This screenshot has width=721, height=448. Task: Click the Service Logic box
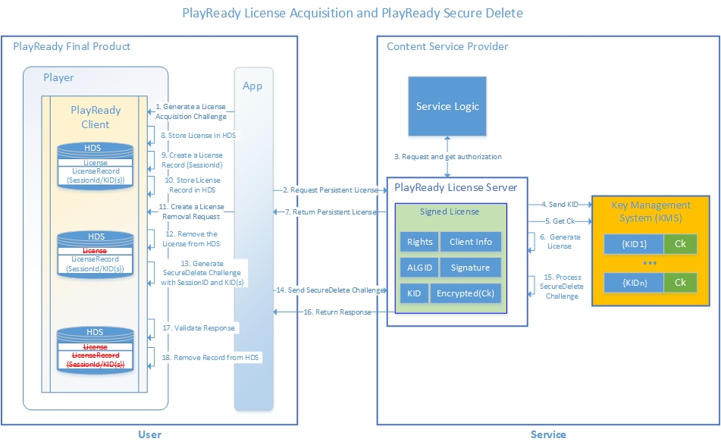tap(447, 106)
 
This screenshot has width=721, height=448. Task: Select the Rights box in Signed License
tap(419, 242)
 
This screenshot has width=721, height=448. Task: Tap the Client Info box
tap(470, 242)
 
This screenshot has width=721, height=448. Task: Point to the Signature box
tap(470, 268)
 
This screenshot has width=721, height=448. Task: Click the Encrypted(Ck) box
tap(465, 293)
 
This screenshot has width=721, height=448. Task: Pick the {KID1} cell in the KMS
tap(633, 243)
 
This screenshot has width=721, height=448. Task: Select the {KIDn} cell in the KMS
tap(633, 282)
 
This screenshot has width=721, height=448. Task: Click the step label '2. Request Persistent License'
tap(329, 190)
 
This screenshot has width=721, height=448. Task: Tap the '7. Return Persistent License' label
tap(329, 211)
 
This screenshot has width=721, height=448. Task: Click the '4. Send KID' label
tap(560, 204)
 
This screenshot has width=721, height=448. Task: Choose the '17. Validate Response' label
tap(198, 328)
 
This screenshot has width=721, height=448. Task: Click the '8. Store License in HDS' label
tap(195, 136)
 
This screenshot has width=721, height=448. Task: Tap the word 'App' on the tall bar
tap(252, 86)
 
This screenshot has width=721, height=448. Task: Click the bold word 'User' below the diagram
tap(149, 434)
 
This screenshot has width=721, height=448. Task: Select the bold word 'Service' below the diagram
tap(547, 434)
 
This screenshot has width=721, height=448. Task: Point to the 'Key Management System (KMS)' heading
tap(651, 211)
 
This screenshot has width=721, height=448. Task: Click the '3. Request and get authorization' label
tap(447, 157)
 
